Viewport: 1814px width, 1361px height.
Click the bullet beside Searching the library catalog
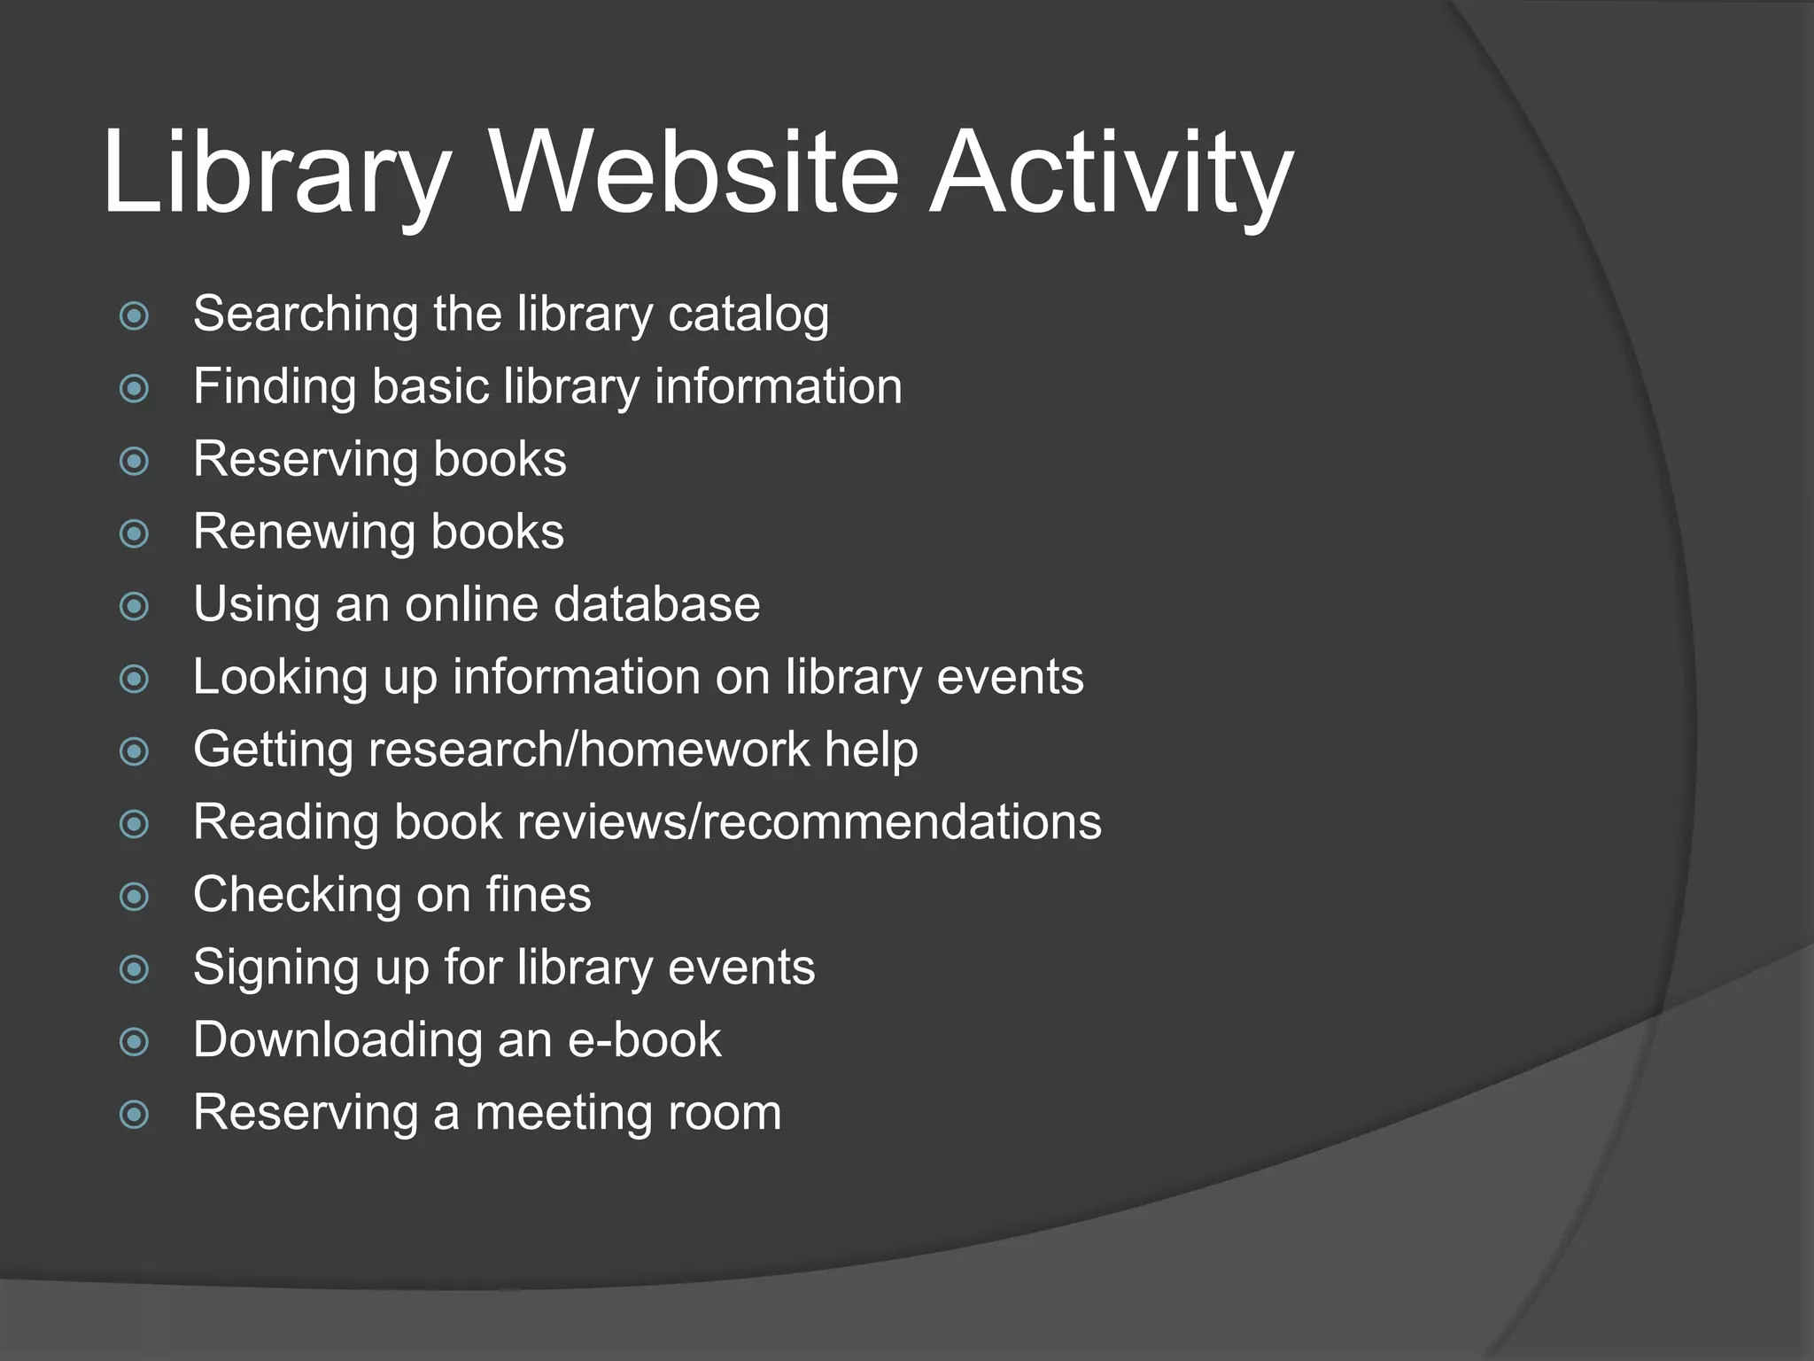pos(134,315)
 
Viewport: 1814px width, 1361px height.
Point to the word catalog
pos(748,315)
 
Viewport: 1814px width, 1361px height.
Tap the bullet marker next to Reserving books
pos(134,461)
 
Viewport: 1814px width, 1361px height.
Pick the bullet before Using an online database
pos(134,606)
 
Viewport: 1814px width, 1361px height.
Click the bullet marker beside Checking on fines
pos(134,897)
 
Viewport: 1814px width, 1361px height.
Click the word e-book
pos(644,1039)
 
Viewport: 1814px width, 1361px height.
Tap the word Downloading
pos(337,1040)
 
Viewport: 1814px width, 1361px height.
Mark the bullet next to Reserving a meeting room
pos(134,1115)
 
